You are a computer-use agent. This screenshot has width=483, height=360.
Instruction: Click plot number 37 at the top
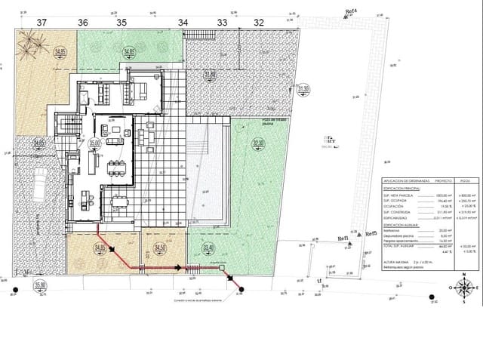tap(41, 23)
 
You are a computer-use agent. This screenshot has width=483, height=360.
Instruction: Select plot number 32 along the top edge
tap(259, 23)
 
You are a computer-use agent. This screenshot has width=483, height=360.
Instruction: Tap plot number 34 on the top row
tap(183, 23)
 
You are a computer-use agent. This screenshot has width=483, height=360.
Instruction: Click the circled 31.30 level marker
tap(303, 90)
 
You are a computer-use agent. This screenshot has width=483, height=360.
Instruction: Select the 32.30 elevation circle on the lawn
tap(259, 143)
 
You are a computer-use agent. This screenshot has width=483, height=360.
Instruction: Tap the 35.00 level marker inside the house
tap(95, 142)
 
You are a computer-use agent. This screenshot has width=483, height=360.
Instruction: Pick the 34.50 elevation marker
tap(159, 248)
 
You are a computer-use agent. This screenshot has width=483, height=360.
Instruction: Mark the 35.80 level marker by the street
tap(40, 285)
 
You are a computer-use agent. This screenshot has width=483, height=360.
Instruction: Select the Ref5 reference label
tap(370, 235)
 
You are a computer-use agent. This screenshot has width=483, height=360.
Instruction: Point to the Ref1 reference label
tap(343, 238)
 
